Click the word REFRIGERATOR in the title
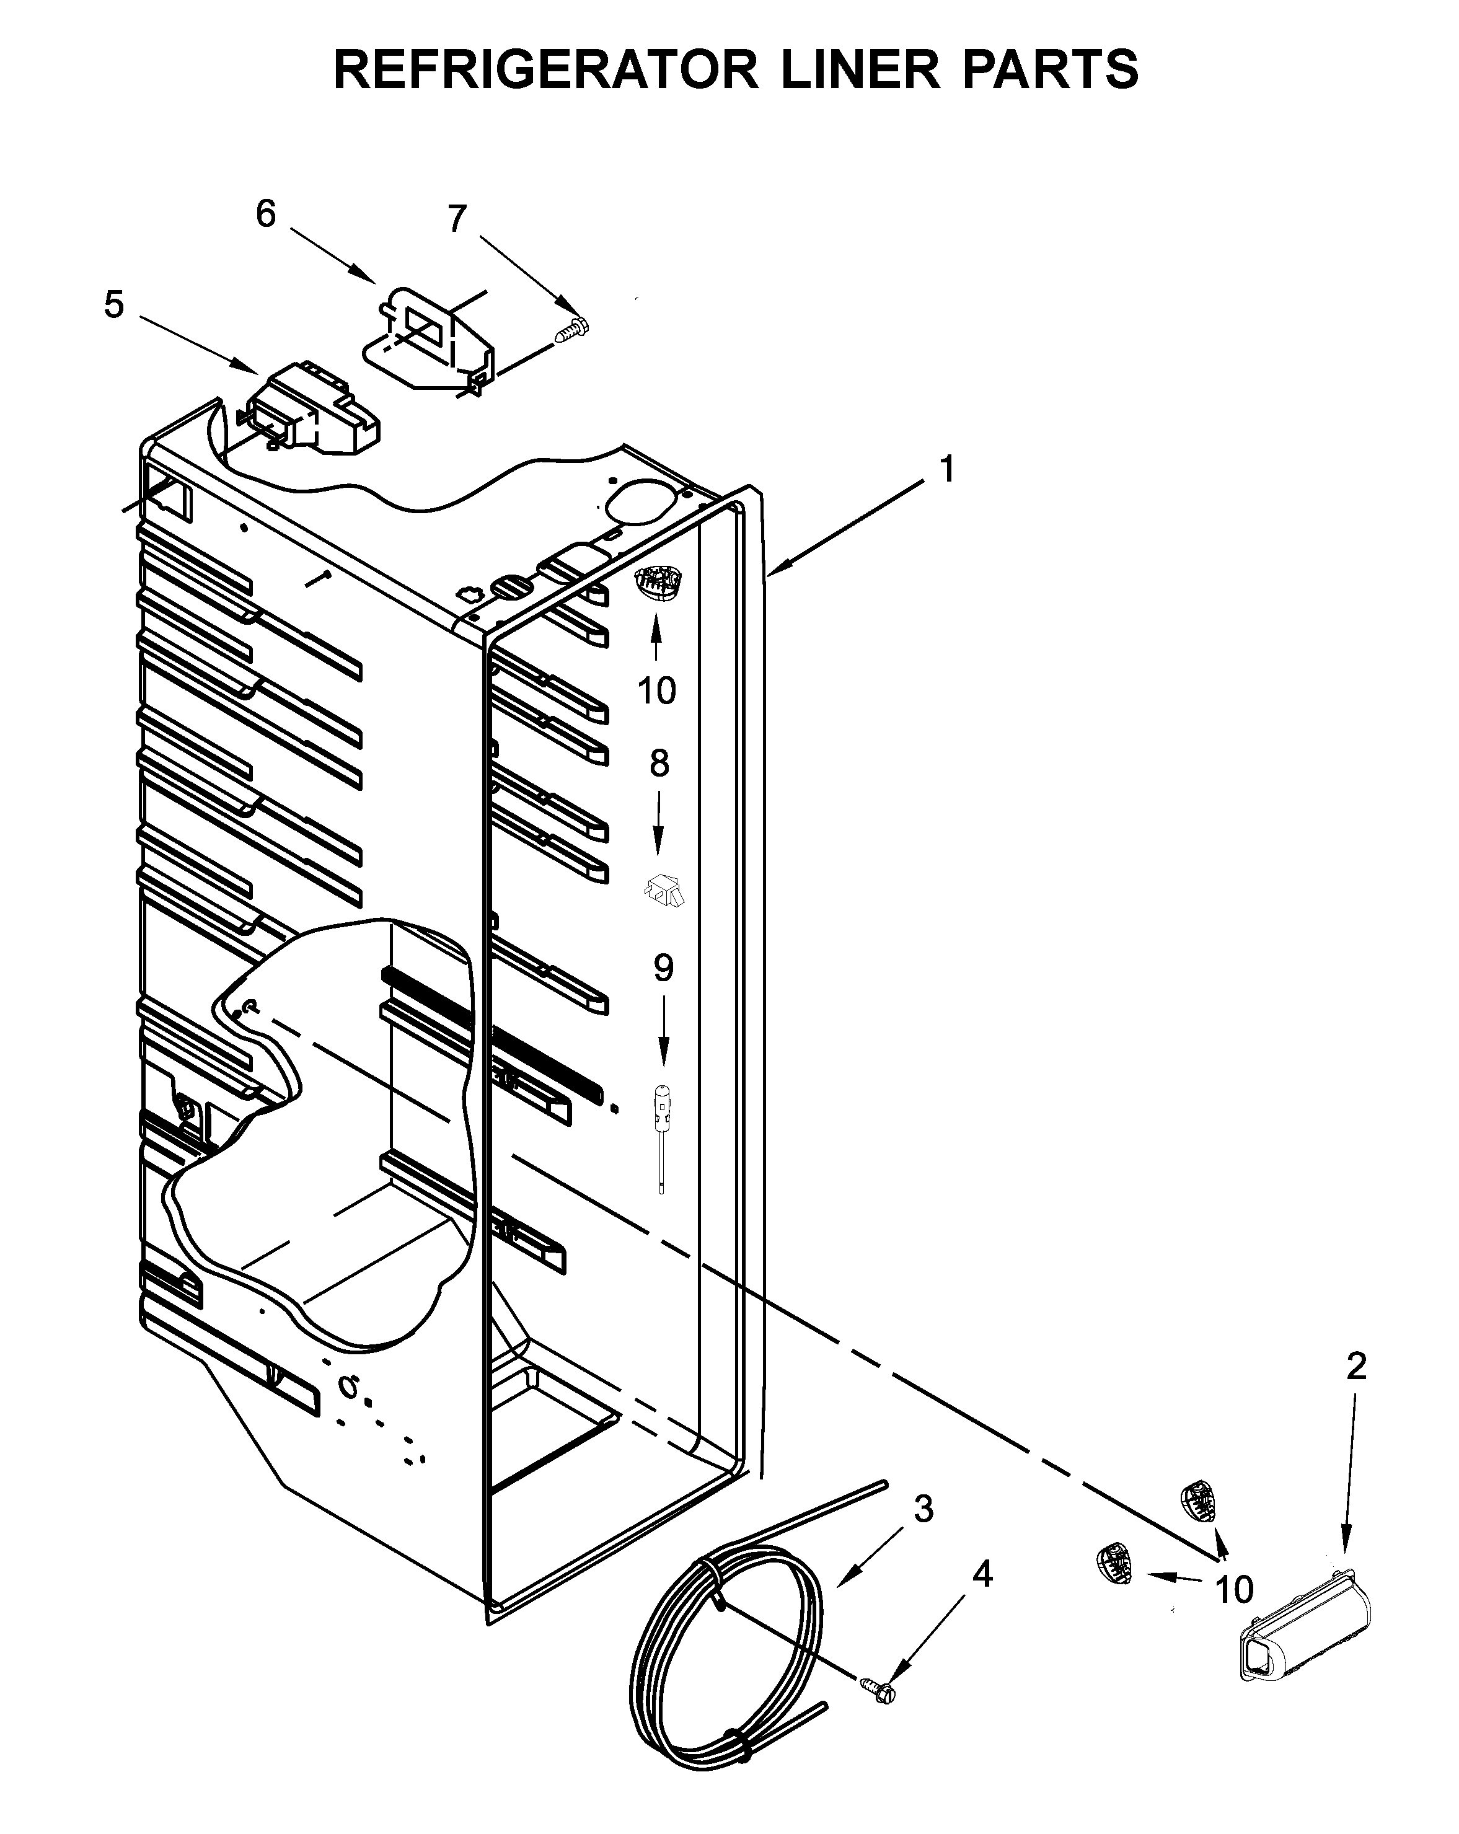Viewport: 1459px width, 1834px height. tap(544, 70)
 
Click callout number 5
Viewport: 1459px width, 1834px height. tap(114, 304)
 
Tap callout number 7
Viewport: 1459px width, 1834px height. tap(457, 219)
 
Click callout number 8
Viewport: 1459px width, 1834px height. tap(659, 763)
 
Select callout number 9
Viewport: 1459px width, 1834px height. tap(663, 968)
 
